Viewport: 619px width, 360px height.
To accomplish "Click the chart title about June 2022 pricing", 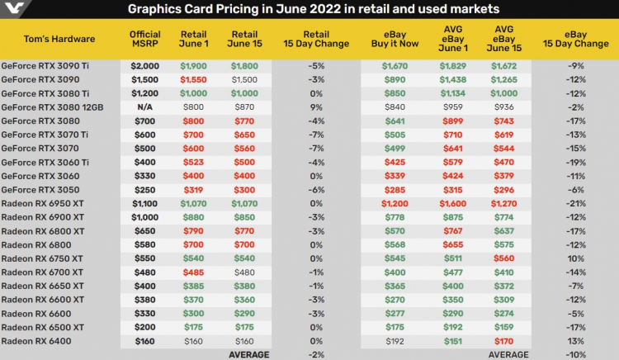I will tap(314, 9).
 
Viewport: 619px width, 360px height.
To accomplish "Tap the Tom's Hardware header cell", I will tap(60, 39).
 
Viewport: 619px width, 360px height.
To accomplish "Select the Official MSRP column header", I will tap(144, 39).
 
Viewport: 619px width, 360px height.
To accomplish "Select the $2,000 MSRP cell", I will tap(144, 65).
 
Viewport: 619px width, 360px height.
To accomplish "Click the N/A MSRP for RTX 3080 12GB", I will tap(144, 107).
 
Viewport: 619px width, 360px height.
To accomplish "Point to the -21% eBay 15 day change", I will tap(575, 202).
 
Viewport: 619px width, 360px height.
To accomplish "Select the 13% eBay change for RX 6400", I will tap(575, 340).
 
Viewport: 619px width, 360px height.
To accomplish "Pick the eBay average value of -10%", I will tap(575, 354).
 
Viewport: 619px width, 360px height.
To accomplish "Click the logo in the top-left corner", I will tap(12, 9).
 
